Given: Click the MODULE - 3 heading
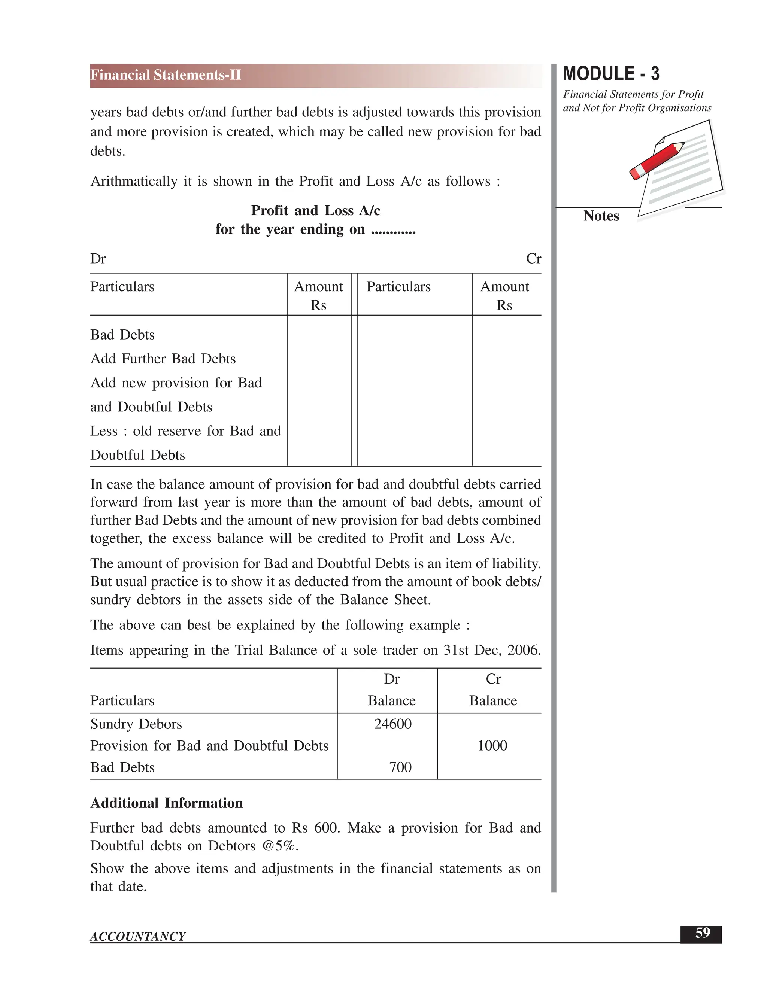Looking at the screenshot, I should click(611, 74).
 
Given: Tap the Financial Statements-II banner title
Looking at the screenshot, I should click(166, 75).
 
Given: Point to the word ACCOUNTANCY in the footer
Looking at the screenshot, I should click(138, 937).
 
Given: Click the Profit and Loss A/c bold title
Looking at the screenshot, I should click(315, 210).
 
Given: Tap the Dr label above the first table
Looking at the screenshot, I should click(98, 259).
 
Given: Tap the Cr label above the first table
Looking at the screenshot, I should click(533, 259).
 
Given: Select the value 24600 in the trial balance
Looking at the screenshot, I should click(392, 724).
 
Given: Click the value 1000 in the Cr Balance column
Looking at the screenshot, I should click(492, 746).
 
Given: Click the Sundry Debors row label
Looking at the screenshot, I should click(136, 724).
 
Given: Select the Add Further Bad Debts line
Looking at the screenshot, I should click(163, 359).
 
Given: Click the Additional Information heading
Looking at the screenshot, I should click(166, 803).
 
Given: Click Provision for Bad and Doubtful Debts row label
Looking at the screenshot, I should click(209, 746).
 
